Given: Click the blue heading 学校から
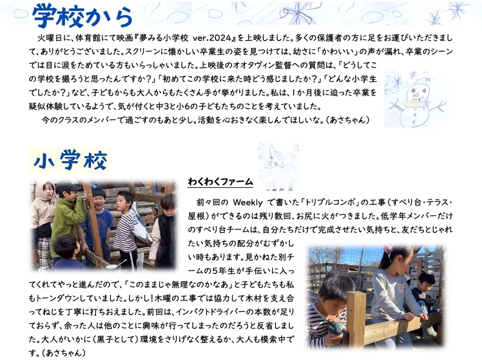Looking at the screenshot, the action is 83,16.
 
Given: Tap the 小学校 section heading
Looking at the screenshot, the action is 71,161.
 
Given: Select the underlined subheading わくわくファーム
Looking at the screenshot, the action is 221,182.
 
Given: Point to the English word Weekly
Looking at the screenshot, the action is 248,202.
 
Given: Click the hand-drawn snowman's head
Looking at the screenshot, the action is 416,91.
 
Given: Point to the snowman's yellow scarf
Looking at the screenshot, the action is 416,103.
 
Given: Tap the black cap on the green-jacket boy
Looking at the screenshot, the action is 67,187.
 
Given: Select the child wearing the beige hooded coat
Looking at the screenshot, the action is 43,221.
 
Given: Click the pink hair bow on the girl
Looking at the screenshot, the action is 388,249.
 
